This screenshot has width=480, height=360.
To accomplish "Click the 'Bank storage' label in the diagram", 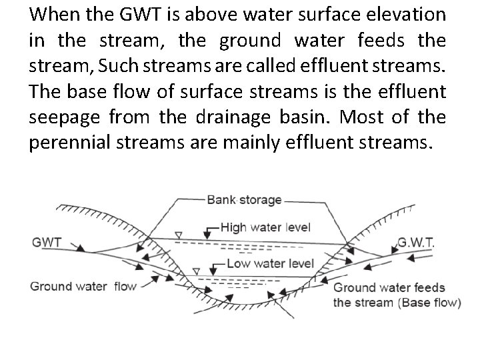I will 244,199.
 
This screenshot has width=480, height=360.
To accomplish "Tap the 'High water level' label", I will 265,227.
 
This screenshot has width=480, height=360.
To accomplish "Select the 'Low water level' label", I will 270,263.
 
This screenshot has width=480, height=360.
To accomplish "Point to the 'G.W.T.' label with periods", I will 416,243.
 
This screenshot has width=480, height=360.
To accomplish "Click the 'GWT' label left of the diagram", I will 46,243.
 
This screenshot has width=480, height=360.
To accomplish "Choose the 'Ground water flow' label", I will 83,286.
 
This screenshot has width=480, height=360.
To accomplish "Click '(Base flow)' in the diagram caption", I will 429,302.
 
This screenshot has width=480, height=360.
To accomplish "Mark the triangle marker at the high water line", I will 178,235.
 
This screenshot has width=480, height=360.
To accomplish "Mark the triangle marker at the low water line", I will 196,271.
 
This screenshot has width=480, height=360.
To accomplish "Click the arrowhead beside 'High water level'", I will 213,228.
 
